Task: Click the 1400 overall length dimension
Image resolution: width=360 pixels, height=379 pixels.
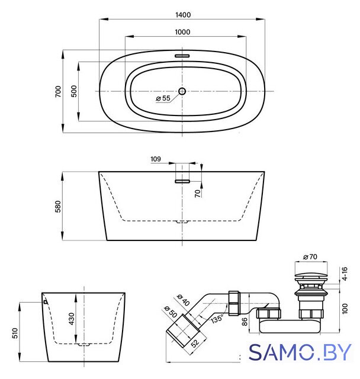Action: coord(183,15)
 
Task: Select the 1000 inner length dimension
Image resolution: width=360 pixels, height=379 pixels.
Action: coord(182,32)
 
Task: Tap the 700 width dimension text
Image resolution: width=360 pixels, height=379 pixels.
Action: coord(58,91)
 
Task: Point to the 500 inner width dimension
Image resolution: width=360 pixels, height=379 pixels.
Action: coord(74,91)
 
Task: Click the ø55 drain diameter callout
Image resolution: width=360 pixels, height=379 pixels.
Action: coord(163,98)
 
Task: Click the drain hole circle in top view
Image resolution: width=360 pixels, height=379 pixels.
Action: coord(182,91)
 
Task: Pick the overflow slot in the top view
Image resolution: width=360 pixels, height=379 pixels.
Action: coord(182,56)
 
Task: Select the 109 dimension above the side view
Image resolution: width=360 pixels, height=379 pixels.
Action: coord(155,159)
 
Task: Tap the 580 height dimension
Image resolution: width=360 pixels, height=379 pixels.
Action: coord(58,206)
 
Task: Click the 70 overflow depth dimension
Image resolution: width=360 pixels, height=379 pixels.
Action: coord(198,193)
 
